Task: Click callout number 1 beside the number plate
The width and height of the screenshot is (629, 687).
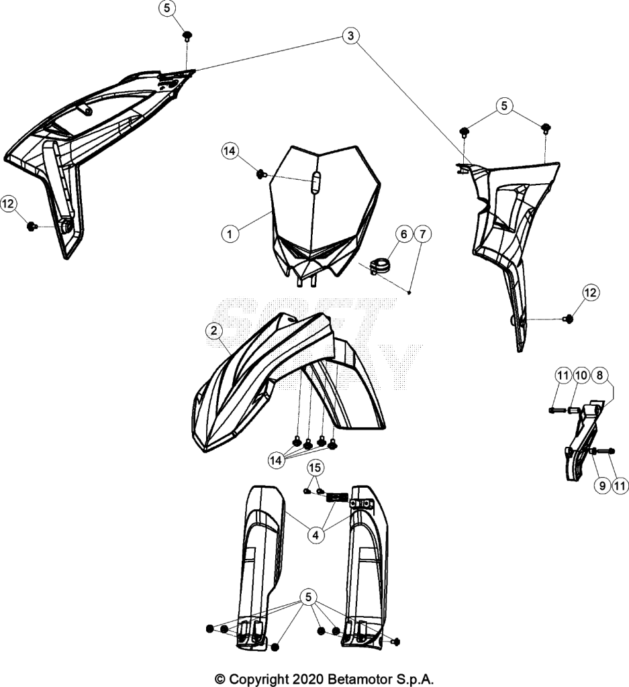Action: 230,233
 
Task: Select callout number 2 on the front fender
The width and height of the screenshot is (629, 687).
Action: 214,330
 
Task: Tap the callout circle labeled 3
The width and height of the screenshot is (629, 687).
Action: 350,36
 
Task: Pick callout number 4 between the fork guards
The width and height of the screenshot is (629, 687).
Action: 316,535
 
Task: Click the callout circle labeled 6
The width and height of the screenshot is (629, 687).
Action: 404,234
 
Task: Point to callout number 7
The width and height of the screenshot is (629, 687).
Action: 422,234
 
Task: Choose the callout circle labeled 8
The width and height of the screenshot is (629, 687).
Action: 599,375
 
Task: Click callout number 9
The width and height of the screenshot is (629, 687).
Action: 602,486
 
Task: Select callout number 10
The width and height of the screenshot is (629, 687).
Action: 581,375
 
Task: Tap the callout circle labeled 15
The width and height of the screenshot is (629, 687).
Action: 315,468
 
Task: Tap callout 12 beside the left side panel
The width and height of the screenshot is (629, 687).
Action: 8,203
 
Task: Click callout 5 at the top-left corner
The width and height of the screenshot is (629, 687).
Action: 168,8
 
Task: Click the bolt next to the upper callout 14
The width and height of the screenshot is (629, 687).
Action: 262,174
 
